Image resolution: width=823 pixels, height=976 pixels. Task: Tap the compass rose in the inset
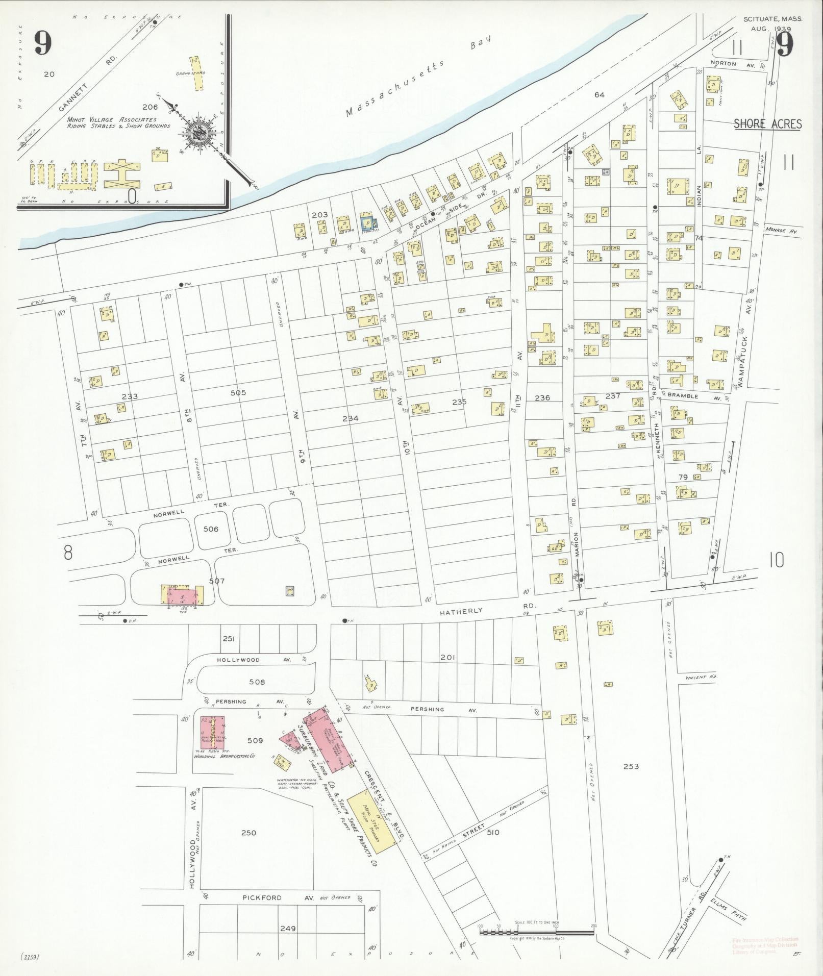[x=196, y=134]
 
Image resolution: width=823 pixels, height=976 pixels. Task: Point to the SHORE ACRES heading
[x=767, y=124]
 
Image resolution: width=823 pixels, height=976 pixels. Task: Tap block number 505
[x=238, y=392]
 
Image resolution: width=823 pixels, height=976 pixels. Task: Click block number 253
[x=631, y=766]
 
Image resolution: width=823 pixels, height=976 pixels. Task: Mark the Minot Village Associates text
[x=112, y=119]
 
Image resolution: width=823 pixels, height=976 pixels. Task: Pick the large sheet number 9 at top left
[x=43, y=44]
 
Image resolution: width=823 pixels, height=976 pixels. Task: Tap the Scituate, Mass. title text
[x=772, y=18]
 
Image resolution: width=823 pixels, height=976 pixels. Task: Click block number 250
[x=248, y=833]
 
